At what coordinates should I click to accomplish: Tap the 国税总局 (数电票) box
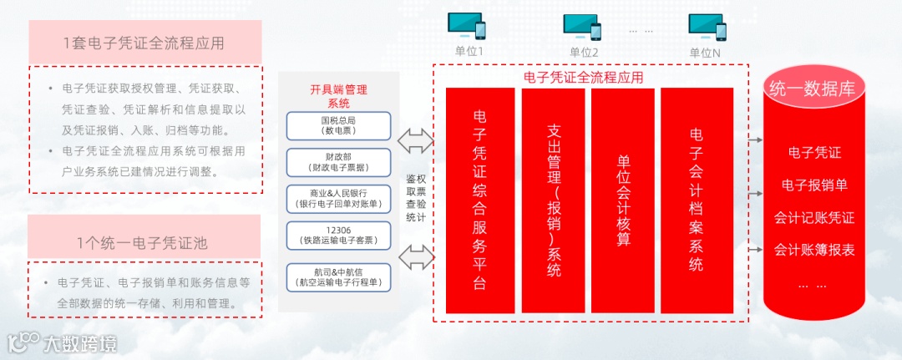click(338, 126)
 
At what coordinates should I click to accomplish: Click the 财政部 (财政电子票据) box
click(338, 162)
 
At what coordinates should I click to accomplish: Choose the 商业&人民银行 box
click(338, 199)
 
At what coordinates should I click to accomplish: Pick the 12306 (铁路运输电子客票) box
click(338, 235)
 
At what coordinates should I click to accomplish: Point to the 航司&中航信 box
click(338, 276)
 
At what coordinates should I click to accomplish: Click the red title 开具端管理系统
click(338, 96)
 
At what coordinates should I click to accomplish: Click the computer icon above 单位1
click(468, 27)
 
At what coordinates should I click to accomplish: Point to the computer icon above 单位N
click(707, 27)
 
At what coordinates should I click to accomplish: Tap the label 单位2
click(584, 52)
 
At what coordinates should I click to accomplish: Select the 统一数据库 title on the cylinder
click(812, 89)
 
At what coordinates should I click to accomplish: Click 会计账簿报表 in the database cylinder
click(813, 250)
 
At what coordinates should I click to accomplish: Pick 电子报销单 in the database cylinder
click(813, 185)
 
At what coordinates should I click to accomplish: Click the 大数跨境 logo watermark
click(62, 342)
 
